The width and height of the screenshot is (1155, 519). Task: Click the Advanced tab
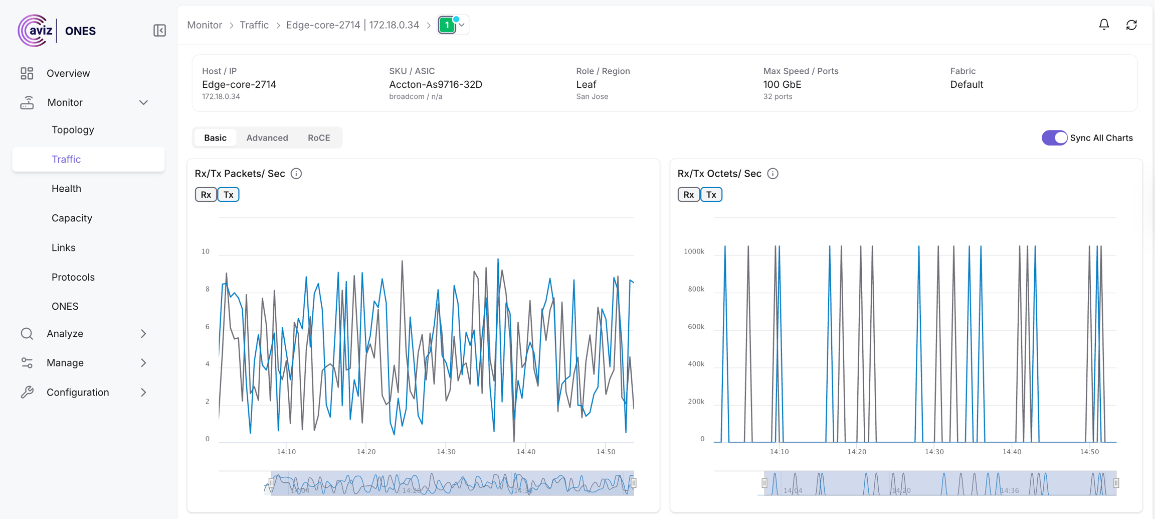[x=267, y=138]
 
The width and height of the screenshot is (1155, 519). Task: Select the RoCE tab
[x=319, y=138]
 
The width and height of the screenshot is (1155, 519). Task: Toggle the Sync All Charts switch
[x=1054, y=138]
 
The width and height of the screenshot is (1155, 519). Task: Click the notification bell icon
[x=1104, y=25]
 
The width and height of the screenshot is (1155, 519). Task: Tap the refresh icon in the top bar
[x=1131, y=25]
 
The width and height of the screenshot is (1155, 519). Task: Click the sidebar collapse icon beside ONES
[x=159, y=31]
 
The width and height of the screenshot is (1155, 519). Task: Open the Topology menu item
[x=73, y=129]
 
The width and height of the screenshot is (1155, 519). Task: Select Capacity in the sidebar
[x=72, y=218]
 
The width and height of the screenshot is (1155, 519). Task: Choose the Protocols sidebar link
[x=73, y=277]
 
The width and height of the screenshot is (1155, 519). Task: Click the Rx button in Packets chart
[x=206, y=194]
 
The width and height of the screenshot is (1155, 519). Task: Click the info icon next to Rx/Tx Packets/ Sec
[x=296, y=174]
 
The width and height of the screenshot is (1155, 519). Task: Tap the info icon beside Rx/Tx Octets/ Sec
[x=773, y=174]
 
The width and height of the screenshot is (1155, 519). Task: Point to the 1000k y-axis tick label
[x=694, y=251]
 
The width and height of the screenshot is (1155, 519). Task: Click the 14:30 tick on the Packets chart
[x=446, y=452]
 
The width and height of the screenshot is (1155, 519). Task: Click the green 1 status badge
[x=447, y=25]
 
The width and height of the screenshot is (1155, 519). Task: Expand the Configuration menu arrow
[x=143, y=393]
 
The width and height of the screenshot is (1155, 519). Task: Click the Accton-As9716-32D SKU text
[x=435, y=84]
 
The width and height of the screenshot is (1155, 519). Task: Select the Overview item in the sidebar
[x=68, y=73]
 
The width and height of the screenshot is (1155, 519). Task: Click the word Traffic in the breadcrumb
[x=254, y=25]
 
